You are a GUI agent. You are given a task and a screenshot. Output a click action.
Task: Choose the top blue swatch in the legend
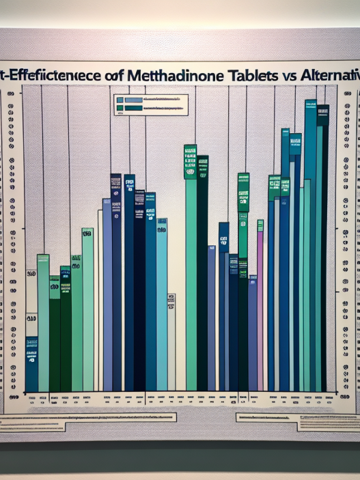pyautogui.click(x=129, y=100)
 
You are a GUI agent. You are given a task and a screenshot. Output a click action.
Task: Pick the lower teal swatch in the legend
pyautogui.click(x=129, y=107)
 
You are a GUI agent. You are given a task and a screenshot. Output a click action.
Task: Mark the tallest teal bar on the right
pyautogui.click(x=310, y=246)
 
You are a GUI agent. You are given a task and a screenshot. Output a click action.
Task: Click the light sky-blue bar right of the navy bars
pyautogui.click(x=162, y=307)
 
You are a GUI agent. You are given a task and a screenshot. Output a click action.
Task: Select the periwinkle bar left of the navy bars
pyautogui.click(x=107, y=294)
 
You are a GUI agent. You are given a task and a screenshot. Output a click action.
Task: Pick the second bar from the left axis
pyautogui.click(x=43, y=321)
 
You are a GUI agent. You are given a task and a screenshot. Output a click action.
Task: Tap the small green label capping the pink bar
pyautogui.click(x=260, y=225)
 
